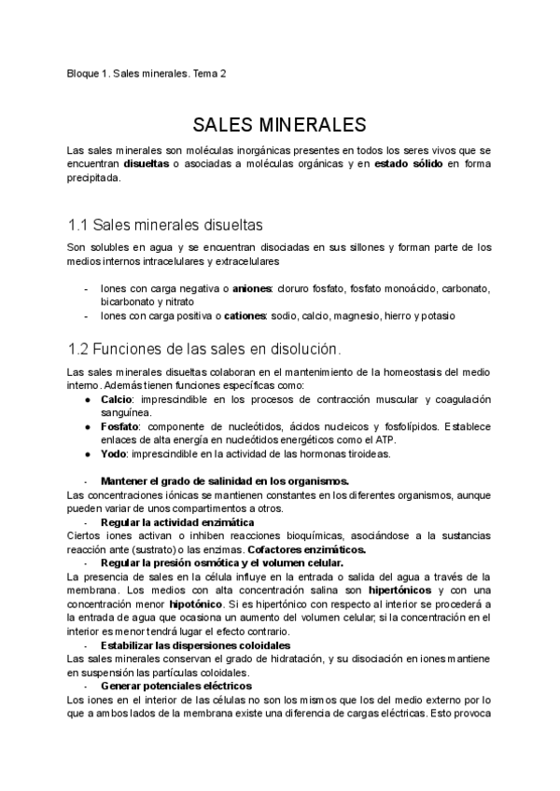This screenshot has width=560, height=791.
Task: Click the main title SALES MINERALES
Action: pos(279,125)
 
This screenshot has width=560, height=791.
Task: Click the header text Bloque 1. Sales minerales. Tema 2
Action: pos(147,74)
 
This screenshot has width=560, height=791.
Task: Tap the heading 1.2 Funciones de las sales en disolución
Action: pos(204,349)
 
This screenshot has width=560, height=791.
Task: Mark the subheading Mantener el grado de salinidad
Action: pos(224,481)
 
